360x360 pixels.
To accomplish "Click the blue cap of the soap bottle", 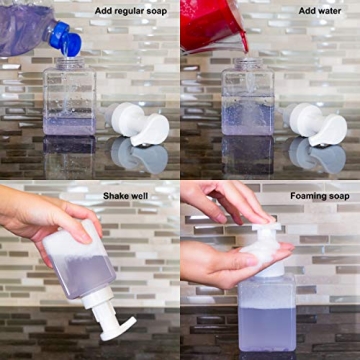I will pyautogui.click(x=66, y=39).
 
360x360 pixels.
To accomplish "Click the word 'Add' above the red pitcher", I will pyautogui.click(x=307, y=11).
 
